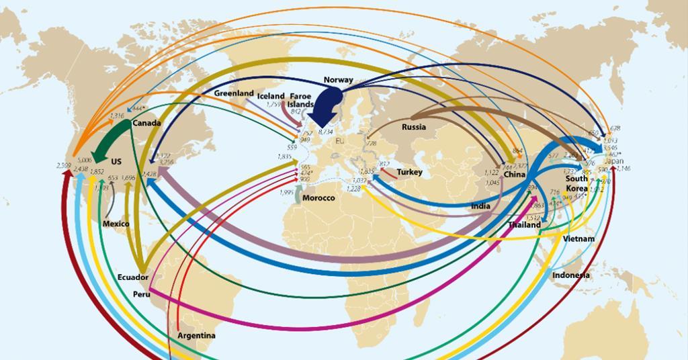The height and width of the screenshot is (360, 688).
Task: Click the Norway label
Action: pos(338,80)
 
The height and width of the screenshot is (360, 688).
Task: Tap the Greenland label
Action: pos(234,93)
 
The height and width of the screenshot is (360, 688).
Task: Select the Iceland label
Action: pos(271,97)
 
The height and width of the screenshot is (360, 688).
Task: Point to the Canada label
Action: pos(146,124)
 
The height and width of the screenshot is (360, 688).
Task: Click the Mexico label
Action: pos(116,224)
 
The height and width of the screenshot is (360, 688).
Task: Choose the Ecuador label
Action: pos(132,277)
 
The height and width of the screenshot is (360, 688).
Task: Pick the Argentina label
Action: pos(196,335)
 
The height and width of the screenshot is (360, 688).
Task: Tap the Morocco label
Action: pos(318,198)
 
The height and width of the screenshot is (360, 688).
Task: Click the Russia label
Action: pos(414,127)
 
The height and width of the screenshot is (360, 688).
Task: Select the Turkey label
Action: pos(409,173)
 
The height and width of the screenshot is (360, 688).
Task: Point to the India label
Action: pos(480,206)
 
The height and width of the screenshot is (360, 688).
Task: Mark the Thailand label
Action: pos(524,225)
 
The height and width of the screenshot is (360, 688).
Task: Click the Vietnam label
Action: pos(579,239)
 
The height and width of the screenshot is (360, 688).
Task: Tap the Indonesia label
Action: pos(571,275)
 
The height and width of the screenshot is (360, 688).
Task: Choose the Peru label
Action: pos(142,294)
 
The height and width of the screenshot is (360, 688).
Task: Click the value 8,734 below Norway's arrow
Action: pos(325,132)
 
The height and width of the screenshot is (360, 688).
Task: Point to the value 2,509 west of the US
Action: pos(64,165)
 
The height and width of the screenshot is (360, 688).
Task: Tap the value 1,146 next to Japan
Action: pos(624,169)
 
